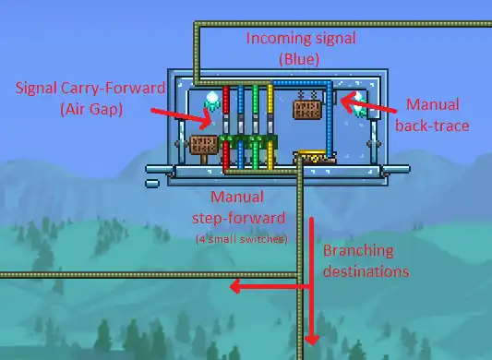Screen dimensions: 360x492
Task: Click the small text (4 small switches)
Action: pos(241,239)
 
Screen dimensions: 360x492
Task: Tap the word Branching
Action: pos(358,250)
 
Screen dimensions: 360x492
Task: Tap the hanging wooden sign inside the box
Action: pos(307,110)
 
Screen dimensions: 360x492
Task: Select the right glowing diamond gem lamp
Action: pos(356,100)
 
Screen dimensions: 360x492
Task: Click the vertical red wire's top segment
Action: pos(225,102)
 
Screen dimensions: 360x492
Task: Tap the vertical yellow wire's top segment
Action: pos(270,102)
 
